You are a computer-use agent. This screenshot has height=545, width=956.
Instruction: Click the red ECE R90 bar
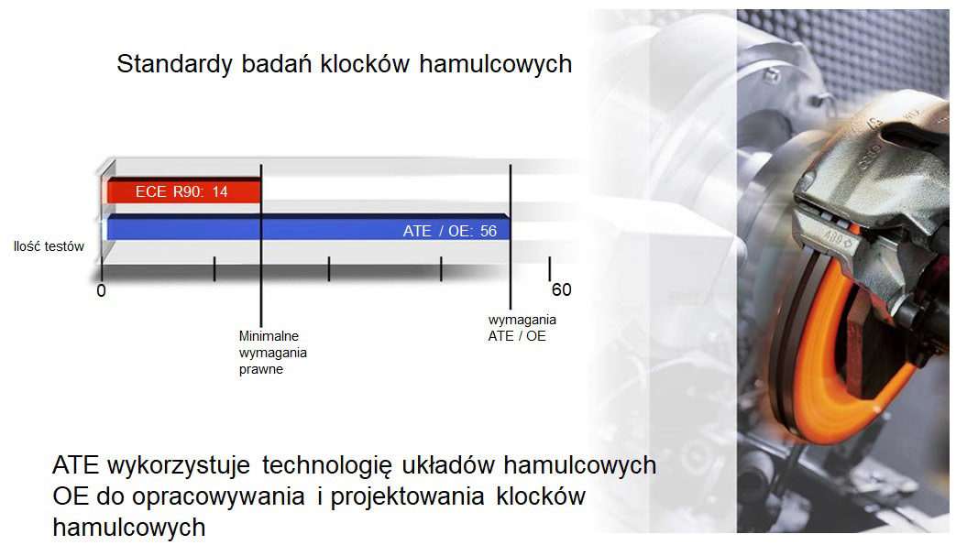tap(184, 191)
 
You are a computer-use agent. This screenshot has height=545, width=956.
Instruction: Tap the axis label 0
tap(101, 290)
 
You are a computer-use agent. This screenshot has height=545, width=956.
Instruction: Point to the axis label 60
tap(562, 289)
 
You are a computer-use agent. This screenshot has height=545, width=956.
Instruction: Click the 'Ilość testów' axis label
tap(49, 246)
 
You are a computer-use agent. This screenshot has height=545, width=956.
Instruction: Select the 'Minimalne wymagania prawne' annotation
tap(272, 353)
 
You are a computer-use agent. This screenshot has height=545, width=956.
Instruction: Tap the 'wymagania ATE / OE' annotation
tap(522, 328)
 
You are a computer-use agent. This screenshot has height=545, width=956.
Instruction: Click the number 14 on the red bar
tap(219, 192)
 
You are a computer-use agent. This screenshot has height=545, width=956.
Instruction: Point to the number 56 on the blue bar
tap(489, 231)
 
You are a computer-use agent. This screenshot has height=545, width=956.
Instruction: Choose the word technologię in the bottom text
tap(327, 466)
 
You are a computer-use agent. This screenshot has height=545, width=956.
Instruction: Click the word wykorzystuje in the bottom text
tap(179, 466)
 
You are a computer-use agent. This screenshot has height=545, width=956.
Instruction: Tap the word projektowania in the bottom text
tap(407, 497)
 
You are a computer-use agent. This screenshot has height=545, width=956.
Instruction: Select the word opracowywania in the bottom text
tap(217, 497)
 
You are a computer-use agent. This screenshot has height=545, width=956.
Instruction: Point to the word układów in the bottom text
tap(448, 465)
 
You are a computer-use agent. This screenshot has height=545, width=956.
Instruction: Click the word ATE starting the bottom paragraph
tap(75, 465)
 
